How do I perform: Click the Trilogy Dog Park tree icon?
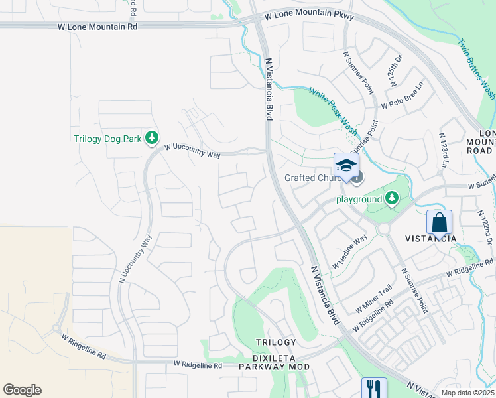tap(153, 138)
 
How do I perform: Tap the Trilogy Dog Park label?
tap(107, 139)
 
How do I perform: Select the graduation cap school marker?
tap(346, 166)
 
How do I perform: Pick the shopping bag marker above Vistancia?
tap(439, 222)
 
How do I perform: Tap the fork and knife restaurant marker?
tap(374, 388)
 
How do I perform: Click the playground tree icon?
tap(392, 198)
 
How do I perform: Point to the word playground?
tap(359, 199)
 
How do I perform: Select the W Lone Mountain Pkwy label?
tap(308, 17)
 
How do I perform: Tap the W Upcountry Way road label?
tap(192, 150)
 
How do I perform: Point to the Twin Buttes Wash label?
tap(476, 68)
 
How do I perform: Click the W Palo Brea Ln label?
tap(402, 98)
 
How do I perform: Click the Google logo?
tap(22, 390)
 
